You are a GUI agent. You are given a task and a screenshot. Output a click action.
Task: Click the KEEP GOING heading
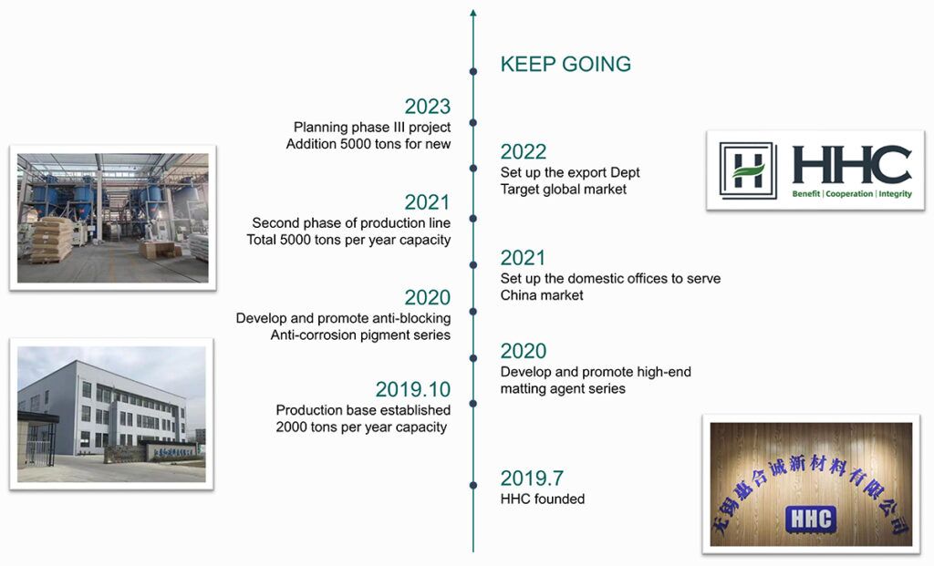click(566, 65)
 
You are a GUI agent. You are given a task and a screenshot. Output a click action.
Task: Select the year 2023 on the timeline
click(427, 107)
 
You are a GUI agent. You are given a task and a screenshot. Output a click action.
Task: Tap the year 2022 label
click(523, 152)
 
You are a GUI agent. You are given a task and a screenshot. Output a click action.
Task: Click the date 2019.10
click(413, 389)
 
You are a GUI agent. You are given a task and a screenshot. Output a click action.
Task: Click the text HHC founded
click(542, 499)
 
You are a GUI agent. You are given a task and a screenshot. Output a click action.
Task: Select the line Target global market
click(564, 190)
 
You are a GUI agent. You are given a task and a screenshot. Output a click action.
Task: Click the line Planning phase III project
click(372, 128)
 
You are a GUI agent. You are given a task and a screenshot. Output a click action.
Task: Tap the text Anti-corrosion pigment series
click(360, 335)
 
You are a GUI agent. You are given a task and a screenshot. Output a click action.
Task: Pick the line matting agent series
click(563, 388)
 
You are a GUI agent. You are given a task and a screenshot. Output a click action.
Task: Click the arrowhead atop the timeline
click(473, 13)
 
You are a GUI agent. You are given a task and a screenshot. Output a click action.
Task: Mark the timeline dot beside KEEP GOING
click(473, 71)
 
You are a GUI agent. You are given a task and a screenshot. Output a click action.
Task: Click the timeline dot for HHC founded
click(473, 485)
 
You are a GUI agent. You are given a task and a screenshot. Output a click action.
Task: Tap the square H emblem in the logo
click(748, 170)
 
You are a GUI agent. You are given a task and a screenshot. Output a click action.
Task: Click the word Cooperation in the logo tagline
click(849, 194)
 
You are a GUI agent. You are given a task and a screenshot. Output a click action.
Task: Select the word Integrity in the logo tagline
click(895, 194)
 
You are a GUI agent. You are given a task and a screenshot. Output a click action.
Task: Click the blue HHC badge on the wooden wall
click(811, 519)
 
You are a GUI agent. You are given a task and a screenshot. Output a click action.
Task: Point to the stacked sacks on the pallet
click(52, 240)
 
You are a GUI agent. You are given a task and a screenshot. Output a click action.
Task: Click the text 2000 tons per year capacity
click(361, 427)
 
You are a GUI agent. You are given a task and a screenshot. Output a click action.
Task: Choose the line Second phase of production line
click(351, 223)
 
